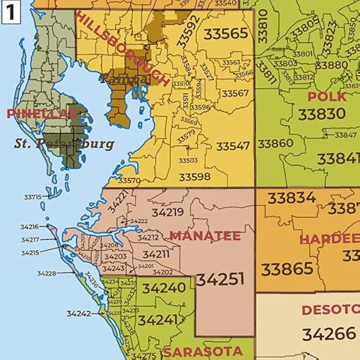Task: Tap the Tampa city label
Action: pyautogui.click(x=124, y=79)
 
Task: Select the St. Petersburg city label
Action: pyautogui.click(x=64, y=144)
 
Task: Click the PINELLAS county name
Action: pyautogui.click(x=42, y=114)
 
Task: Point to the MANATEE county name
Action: pyautogui.click(x=205, y=236)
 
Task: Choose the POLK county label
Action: pyautogui.click(x=327, y=97)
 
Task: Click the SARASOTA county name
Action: pyautogui.click(x=203, y=352)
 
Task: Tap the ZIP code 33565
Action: pyautogui.click(x=226, y=34)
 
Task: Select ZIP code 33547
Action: pyautogui.click(x=233, y=146)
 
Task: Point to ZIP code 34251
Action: pyautogui.click(x=220, y=279)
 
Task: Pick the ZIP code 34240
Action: pyautogui.click(x=164, y=288)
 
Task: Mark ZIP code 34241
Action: pyautogui.click(x=157, y=320)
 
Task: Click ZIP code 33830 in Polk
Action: pyautogui.click(x=322, y=114)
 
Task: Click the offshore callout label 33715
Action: pyautogui.click(x=33, y=197)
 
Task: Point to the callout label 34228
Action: pyautogui.click(x=46, y=273)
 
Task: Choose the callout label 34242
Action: pyautogui.click(x=79, y=313)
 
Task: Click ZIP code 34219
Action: pyautogui.click(x=168, y=212)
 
